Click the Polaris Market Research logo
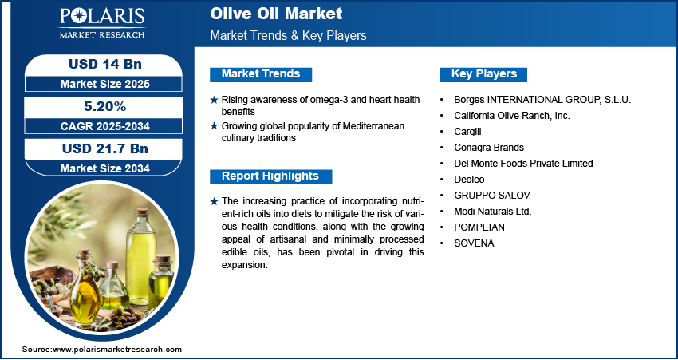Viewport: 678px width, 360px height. (x=102, y=23)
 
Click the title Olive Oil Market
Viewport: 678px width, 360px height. (x=276, y=14)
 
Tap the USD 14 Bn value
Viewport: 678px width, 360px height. (x=105, y=64)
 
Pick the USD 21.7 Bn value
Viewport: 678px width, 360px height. (x=105, y=148)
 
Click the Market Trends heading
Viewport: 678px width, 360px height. (x=261, y=74)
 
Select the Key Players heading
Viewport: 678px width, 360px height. (x=484, y=74)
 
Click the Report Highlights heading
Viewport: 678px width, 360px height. (x=270, y=176)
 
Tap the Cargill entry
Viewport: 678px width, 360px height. (x=467, y=132)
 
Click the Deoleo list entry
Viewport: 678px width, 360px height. (x=469, y=179)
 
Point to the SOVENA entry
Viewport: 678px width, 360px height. (x=474, y=243)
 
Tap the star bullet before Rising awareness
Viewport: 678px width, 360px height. (x=214, y=100)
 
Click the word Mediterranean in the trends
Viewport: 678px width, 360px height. (x=373, y=126)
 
